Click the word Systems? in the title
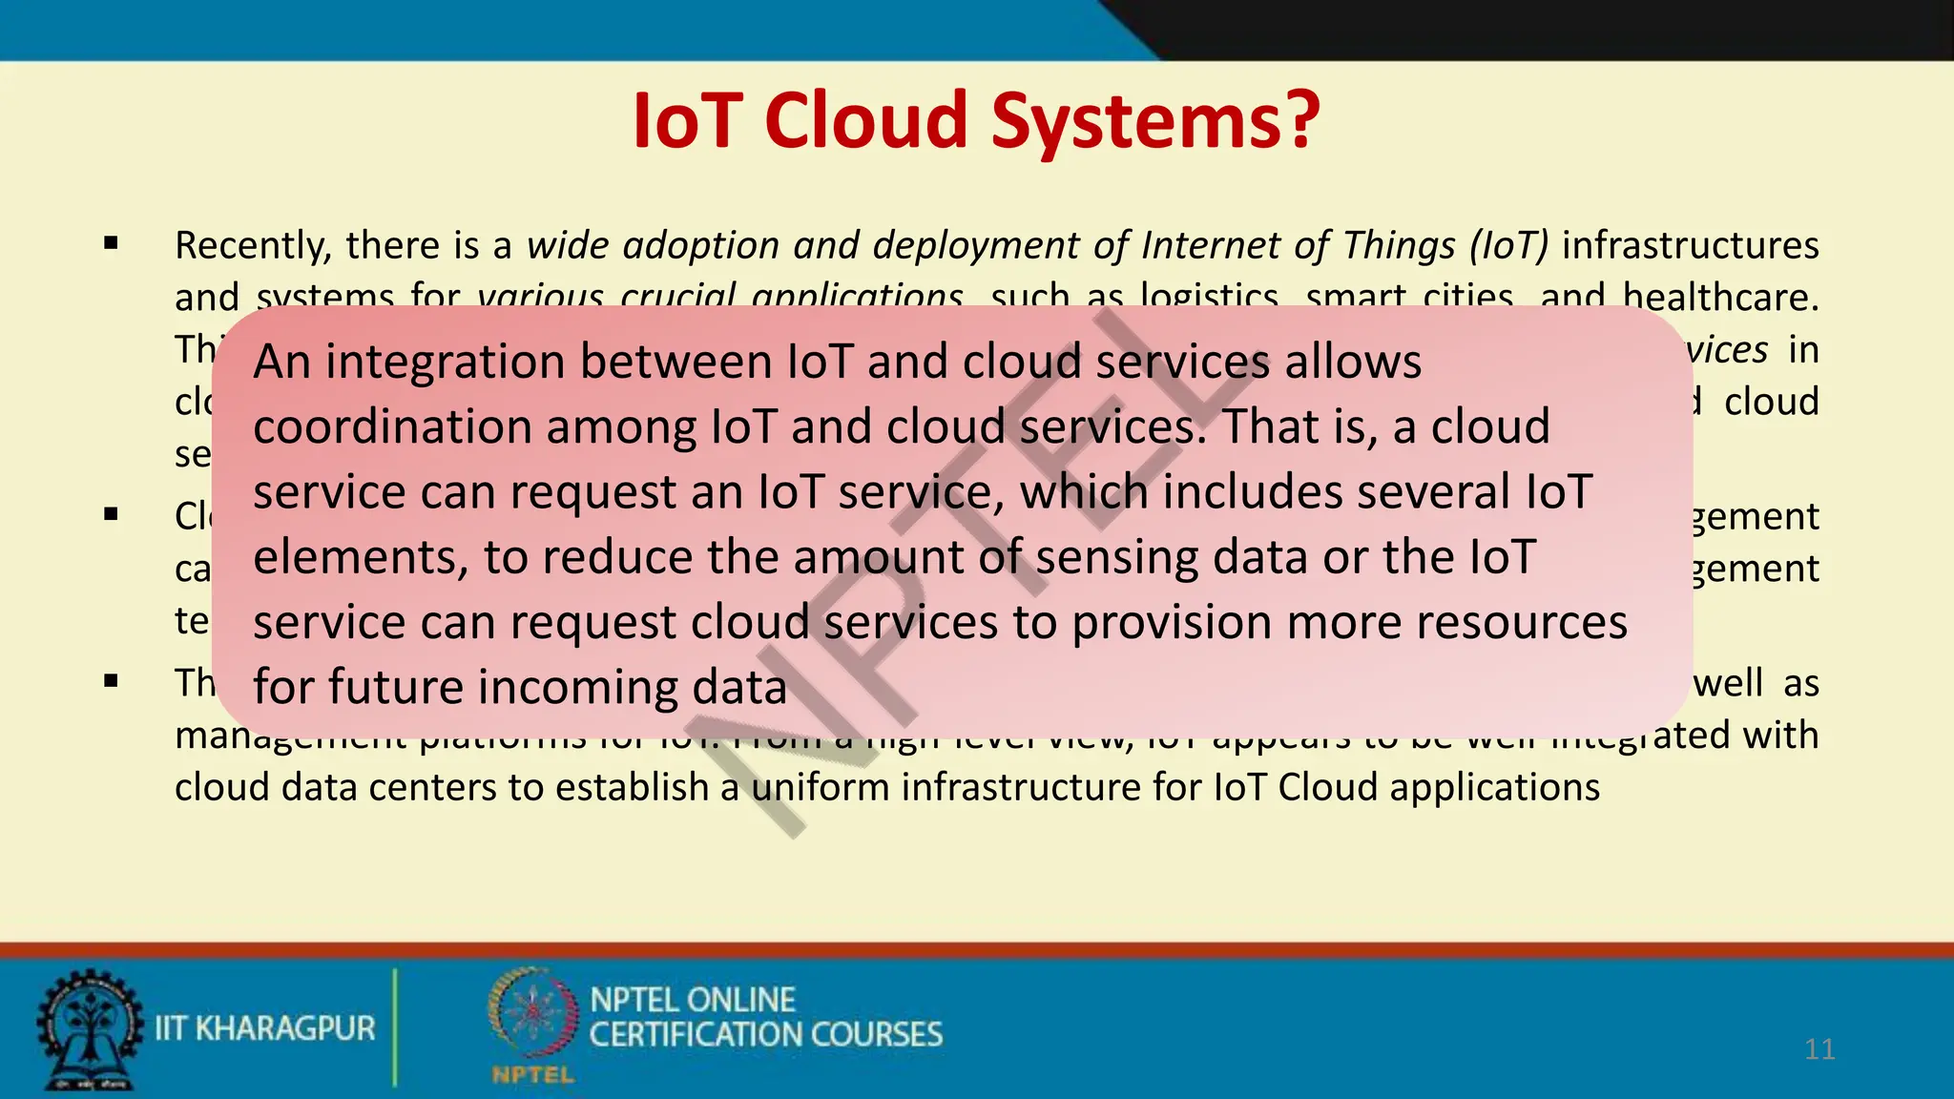click(x=1156, y=122)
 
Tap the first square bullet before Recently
click(x=112, y=244)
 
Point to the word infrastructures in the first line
click(x=1690, y=245)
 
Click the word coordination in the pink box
click(x=392, y=426)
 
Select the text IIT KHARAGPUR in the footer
click(x=265, y=1028)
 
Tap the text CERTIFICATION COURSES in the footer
click(x=765, y=1035)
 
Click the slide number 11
click(x=1819, y=1049)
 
